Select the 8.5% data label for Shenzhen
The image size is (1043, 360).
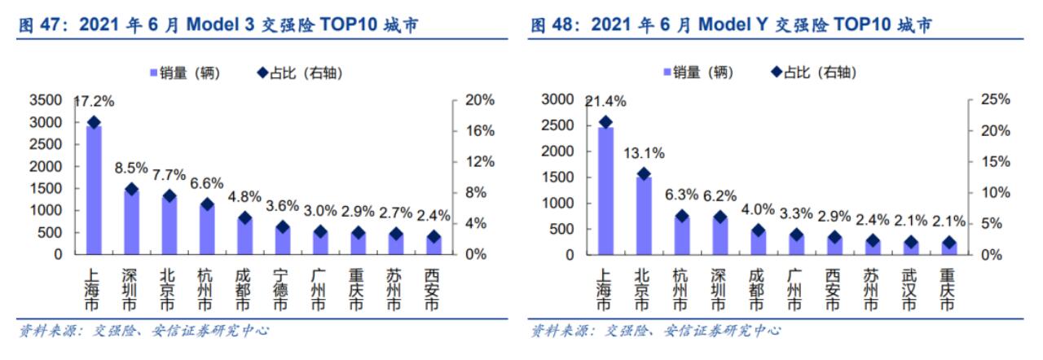[x=130, y=169]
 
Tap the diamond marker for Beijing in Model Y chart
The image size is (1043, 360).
[x=643, y=173]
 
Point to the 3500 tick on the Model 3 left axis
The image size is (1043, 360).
[x=46, y=100]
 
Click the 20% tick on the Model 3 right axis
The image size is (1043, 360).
[x=480, y=100]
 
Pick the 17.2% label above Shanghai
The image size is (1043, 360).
[x=95, y=103]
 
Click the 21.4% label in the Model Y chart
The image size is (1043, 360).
[x=605, y=102]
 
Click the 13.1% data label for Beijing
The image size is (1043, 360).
[x=645, y=153]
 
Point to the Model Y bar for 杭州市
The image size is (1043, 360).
[x=681, y=235]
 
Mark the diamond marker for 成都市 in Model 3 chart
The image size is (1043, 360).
[x=243, y=217]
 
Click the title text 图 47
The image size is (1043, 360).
[x=42, y=26]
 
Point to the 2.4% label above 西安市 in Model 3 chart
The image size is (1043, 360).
[x=433, y=217]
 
